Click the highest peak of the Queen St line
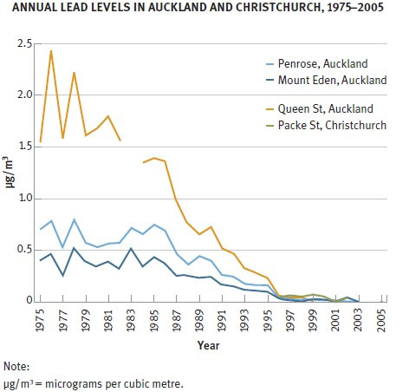click(51, 51)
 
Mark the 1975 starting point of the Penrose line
click(41, 229)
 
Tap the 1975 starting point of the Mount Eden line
click(41, 260)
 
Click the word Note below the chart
click(16, 366)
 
